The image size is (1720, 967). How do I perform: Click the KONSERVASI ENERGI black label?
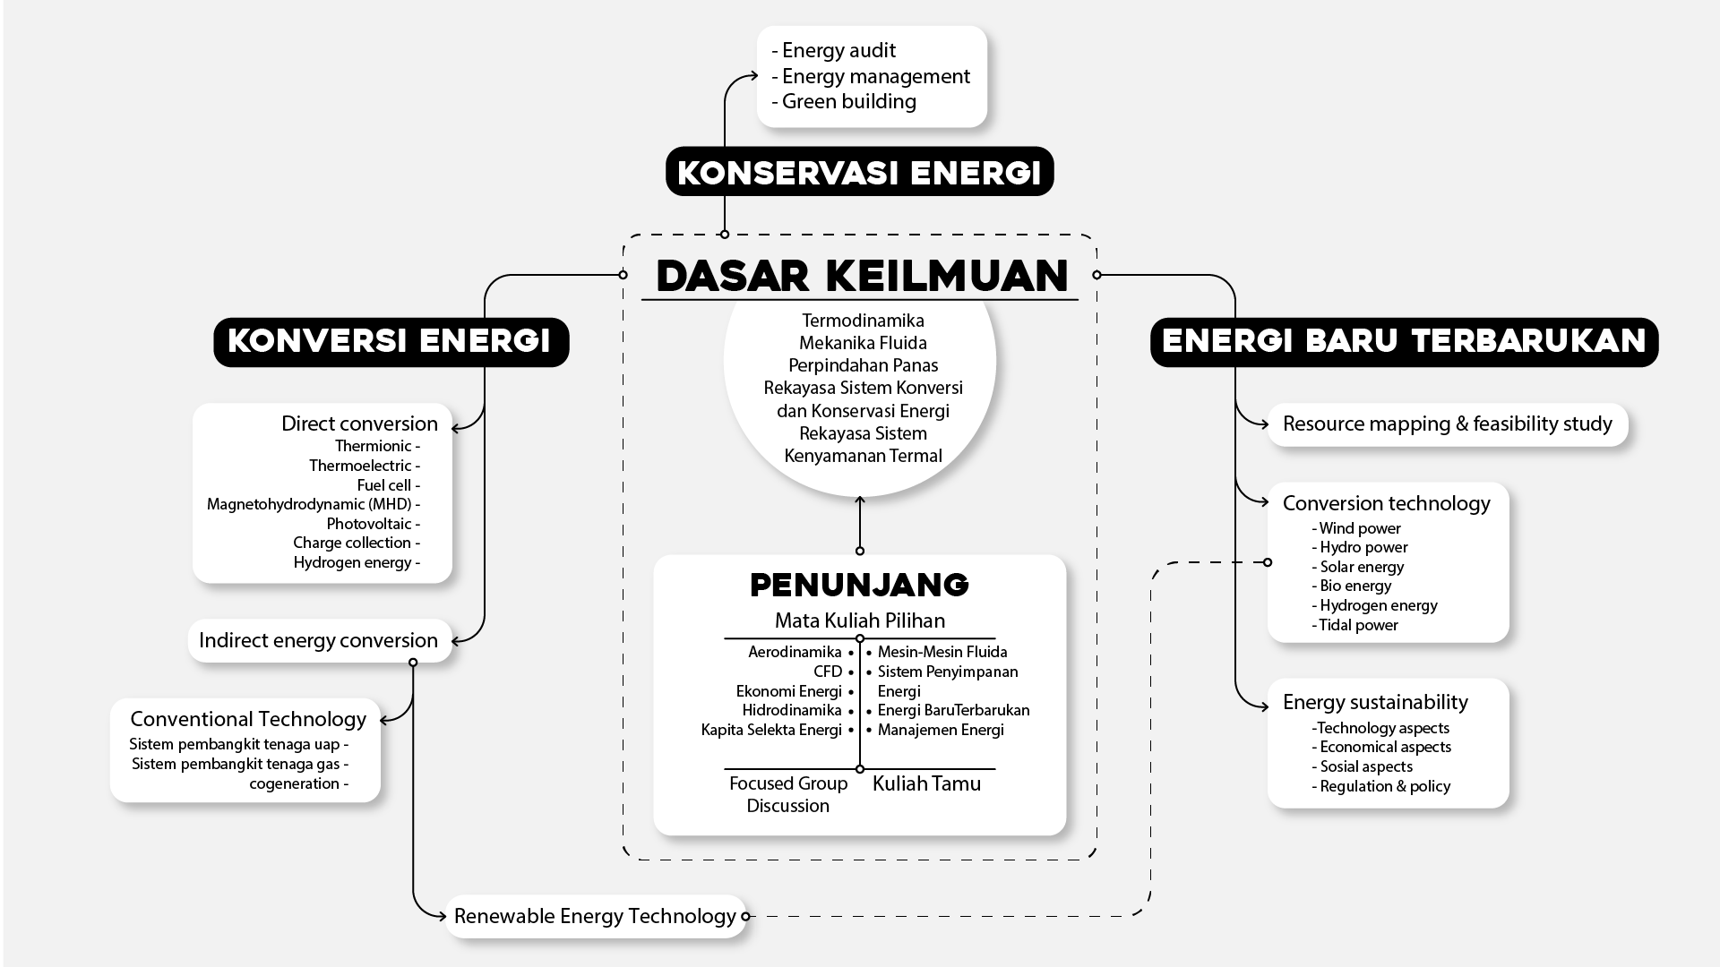click(x=859, y=172)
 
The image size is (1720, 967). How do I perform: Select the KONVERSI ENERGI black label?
click(x=391, y=342)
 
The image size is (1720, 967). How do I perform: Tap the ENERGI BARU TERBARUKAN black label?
click(x=1404, y=342)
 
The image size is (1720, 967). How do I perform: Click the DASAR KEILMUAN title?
click(x=862, y=276)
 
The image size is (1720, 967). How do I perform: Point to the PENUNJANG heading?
click(x=859, y=586)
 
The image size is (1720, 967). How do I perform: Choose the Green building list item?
click(x=848, y=102)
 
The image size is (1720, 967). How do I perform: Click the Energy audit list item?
click(x=838, y=51)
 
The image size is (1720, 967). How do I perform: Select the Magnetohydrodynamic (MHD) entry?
click(x=309, y=505)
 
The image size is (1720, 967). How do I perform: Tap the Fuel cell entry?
click(x=384, y=485)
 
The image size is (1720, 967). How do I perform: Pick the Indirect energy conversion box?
click(x=319, y=641)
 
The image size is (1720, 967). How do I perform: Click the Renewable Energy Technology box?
click(x=595, y=917)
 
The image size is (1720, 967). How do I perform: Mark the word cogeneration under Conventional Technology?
click(x=295, y=784)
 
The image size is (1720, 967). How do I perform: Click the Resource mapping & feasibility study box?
click(x=1447, y=424)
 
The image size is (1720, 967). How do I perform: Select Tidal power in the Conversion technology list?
click(x=1358, y=626)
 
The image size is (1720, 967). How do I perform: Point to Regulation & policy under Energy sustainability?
click(x=1385, y=787)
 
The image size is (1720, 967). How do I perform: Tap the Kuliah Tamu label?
click(x=926, y=784)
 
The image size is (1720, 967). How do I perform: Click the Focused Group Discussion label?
click(x=788, y=795)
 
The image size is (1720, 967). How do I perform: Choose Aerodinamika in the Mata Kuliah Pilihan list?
click(x=795, y=653)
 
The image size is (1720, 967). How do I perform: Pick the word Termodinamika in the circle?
click(x=863, y=321)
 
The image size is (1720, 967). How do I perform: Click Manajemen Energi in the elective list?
click(x=941, y=731)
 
